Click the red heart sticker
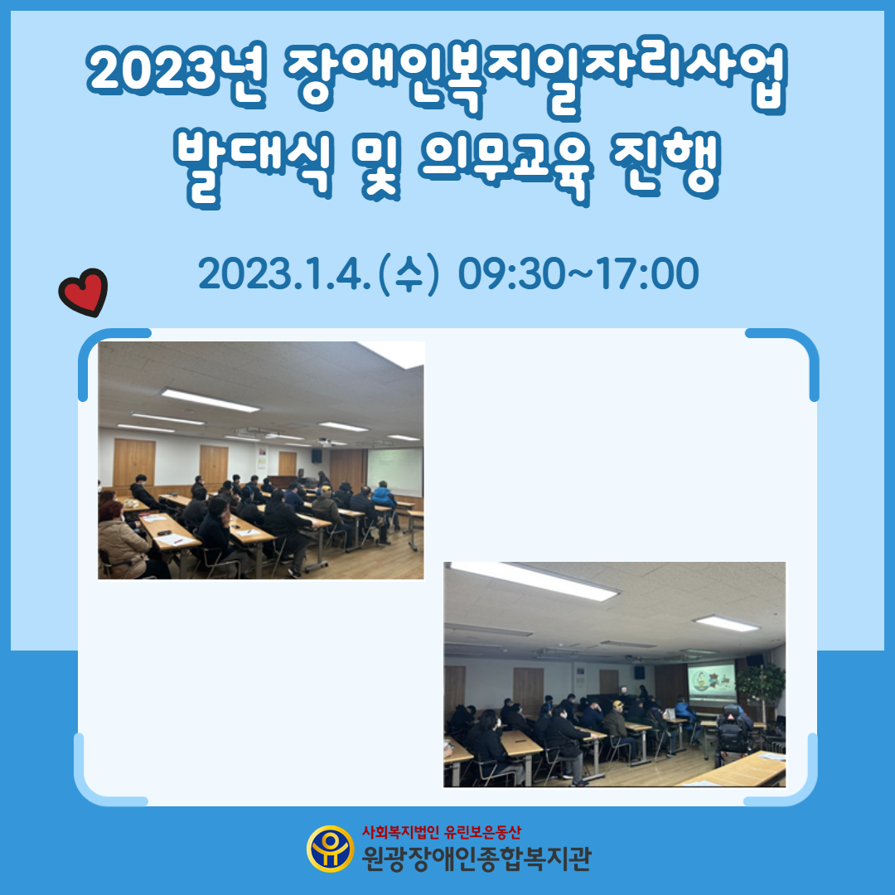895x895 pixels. point(84,292)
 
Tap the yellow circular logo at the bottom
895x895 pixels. point(330,849)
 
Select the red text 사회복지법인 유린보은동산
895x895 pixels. point(441,832)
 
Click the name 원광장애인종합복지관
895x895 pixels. point(477,859)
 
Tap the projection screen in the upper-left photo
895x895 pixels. point(395,472)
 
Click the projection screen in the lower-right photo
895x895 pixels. point(711,685)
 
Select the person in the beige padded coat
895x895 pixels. point(122,543)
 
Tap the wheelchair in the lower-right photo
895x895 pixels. point(733,738)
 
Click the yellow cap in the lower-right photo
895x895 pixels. point(618,704)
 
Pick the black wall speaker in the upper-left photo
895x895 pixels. point(317,456)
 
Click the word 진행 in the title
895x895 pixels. point(665,164)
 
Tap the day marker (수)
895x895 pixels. point(409,274)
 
